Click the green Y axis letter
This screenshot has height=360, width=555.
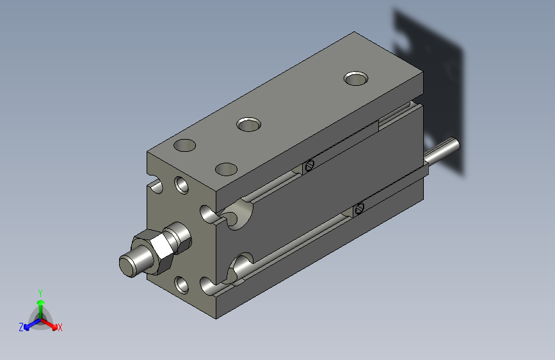(40, 293)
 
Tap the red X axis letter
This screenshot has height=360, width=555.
(60, 328)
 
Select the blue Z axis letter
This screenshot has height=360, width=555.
(21, 327)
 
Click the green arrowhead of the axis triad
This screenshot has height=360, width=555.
(41, 302)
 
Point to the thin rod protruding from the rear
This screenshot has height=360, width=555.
(442, 151)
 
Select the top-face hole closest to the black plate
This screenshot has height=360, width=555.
(356, 78)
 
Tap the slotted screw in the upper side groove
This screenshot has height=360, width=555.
(309, 165)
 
